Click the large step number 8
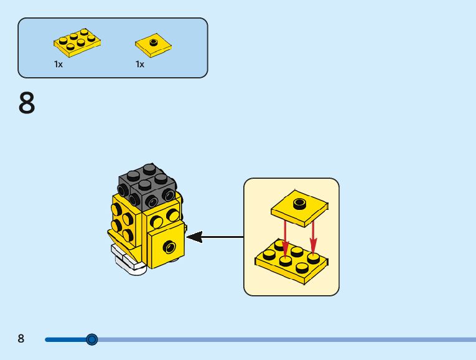[x=27, y=103]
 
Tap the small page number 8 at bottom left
[x=21, y=339]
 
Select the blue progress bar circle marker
[x=92, y=339]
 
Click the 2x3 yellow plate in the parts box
[x=77, y=42]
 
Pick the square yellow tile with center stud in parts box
[x=152, y=44]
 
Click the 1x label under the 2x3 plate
[x=58, y=64]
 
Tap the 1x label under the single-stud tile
[x=140, y=64]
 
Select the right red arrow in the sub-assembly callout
[x=313, y=232]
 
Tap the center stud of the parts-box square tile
[x=152, y=41]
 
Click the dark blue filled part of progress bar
[x=65, y=339]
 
